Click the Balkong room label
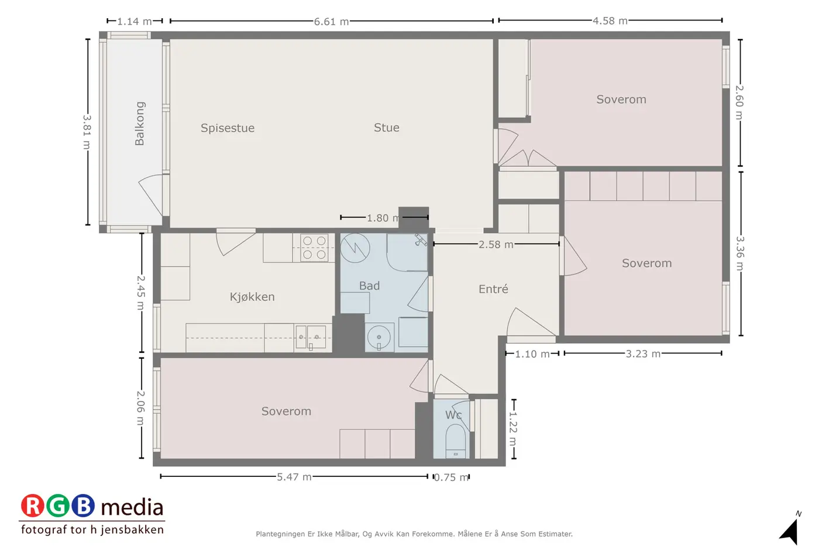(x=139, y=123)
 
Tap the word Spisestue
(x=228, y=128)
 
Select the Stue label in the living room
(x=386, y=128)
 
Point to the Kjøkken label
(x=252, y=297)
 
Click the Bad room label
(x=369, y=286)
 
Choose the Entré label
(x=493, y=288)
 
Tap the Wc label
(x=453, y=415)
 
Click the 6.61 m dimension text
(x=331, y=22)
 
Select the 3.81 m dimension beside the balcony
(x=87, y=132)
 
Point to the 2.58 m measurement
(x=496, y=245)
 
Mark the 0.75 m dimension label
(x=451, y=478)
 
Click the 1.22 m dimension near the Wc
(x=513, y=429)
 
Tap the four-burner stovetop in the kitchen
(x=314, y=248)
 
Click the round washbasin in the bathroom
(x=379, y=337)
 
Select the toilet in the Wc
(x=456, y=441)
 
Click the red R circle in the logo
(x=33, y=506)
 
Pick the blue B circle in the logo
(x=83, y=506)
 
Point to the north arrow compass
(x=789, y=531)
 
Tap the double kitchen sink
(x=311, y=337)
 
